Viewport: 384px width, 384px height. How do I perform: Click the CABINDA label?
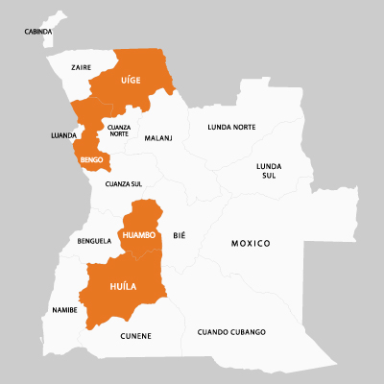[x=39, y=33]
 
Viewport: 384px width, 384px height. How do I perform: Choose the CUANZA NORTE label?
[x=119, y=131]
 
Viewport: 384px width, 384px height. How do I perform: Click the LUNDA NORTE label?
[x=231, y=127]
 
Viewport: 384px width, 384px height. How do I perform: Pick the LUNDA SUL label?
[x=269, y=171]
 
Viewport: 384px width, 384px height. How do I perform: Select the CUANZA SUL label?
[x=124, y=183]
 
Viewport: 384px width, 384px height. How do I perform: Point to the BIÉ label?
[x=179, y=235]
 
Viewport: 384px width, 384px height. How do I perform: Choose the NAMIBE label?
[x=65, y=311]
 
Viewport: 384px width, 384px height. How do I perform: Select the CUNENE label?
[x=135, y=335]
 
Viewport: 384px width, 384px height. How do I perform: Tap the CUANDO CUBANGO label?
[x=231, y=332]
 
